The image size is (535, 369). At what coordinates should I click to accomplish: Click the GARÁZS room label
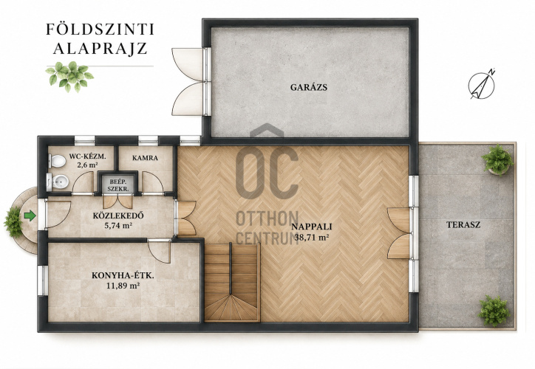point(309,87)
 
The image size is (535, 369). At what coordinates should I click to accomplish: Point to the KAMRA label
point(145,158)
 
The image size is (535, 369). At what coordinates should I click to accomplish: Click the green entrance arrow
point(30,215)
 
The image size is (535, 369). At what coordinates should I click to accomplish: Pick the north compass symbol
point(482,85)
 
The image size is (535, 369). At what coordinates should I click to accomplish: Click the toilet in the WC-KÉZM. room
point(57,161)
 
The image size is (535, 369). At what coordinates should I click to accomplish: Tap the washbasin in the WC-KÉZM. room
point(58,182)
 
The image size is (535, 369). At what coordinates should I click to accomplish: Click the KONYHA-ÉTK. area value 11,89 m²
point(123,286)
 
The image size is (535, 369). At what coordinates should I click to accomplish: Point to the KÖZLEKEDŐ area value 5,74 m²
point(118,225)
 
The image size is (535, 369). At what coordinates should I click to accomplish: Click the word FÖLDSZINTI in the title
point(100,30)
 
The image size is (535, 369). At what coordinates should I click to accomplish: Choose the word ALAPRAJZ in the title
point(100,49)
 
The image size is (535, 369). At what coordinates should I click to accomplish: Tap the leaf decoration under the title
point(69,76)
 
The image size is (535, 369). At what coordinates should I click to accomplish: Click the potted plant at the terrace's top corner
point(497,159)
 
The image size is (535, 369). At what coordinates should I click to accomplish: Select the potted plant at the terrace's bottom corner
point(494,311)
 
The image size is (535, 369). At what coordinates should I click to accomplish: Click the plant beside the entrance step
point(13,222)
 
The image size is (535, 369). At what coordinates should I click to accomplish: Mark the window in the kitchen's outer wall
point(43,280)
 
